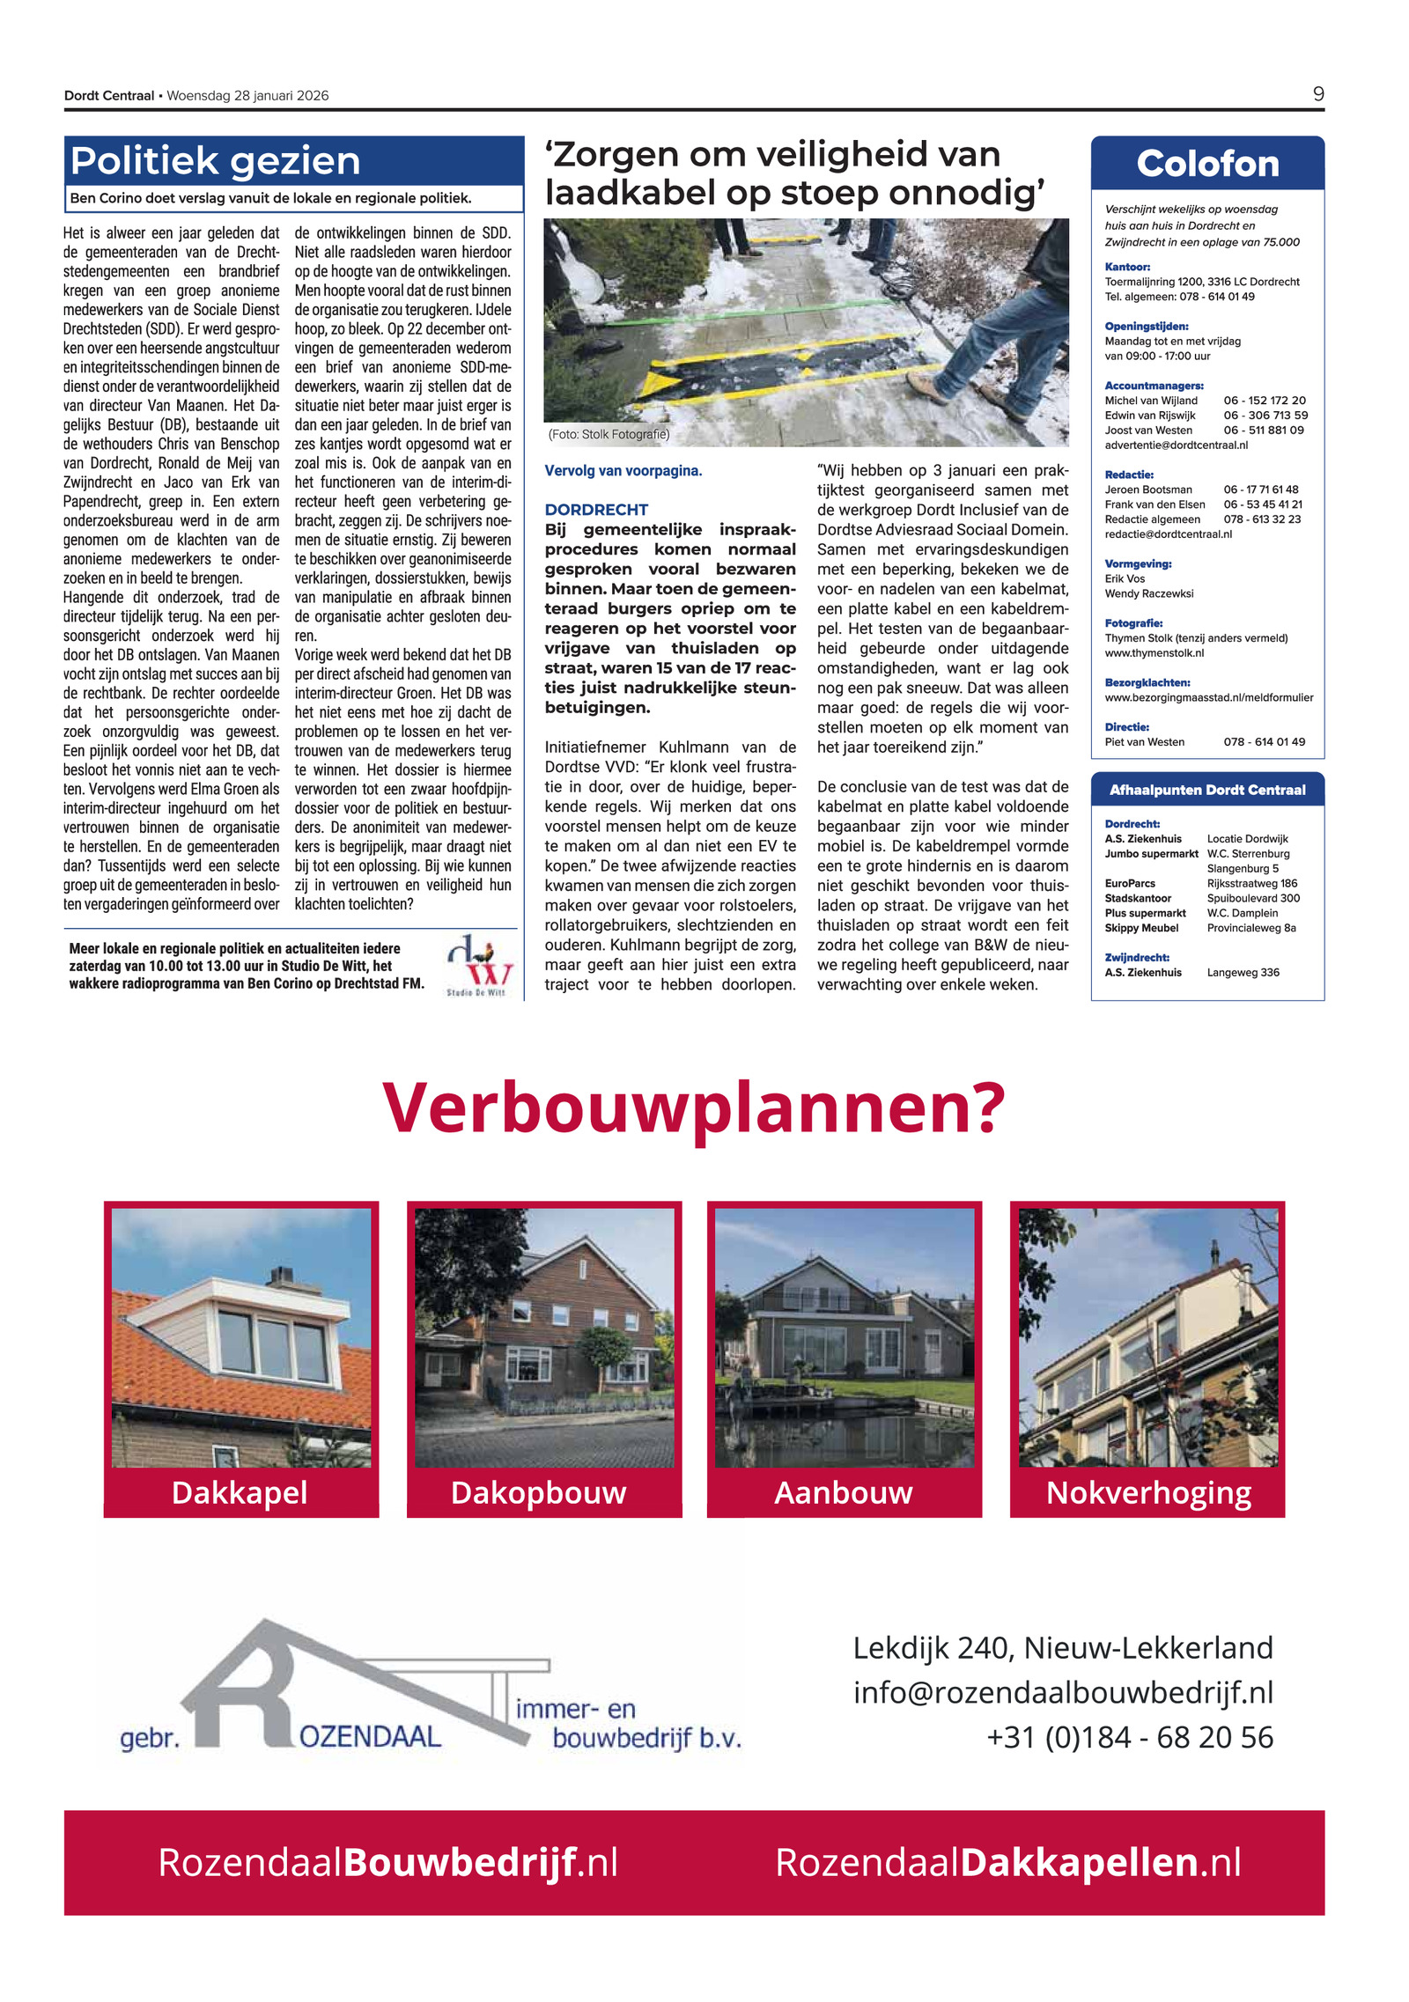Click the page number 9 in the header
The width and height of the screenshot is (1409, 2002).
coord(1317,94)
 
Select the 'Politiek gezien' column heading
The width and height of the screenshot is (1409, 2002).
coord(216,161)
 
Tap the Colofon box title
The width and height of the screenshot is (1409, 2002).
coord(1206,164)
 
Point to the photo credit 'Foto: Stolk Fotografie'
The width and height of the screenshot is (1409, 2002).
coord(609,434)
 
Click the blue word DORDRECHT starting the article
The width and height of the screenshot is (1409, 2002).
coord(596,510)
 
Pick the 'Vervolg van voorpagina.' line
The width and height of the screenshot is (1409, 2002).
coord(623,471)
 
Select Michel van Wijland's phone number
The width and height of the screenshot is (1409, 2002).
coord(1264,401)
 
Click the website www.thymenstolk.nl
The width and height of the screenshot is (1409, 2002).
coord(1154,653)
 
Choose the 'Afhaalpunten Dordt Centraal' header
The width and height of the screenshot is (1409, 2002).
coord(1206,790)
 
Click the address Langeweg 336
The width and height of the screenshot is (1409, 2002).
coord(1243,972)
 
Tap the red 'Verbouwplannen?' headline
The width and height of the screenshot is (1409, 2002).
coord(693,1108)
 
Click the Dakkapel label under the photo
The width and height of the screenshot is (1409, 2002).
coord(240,1492)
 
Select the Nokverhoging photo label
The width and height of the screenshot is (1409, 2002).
coord(1147,1492)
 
